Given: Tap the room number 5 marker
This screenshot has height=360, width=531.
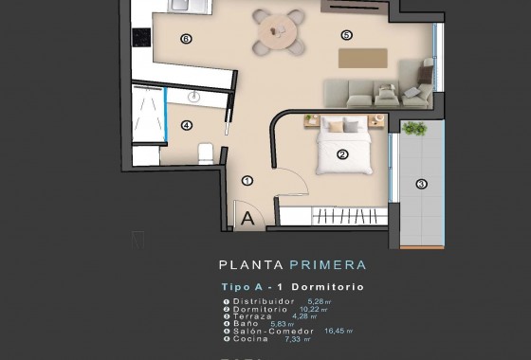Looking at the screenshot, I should click(x=346, y=35).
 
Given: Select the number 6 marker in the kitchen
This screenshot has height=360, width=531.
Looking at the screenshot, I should click(x=186, y=39).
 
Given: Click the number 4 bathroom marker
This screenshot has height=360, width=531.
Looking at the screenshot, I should click(x=186, y=124).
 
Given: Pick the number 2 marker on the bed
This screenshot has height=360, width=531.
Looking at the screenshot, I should click(x=341, y=154).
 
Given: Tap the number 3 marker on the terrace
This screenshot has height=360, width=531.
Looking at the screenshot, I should click(x=421, y=184).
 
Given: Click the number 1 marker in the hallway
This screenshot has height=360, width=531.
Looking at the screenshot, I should click(x=247, y=179).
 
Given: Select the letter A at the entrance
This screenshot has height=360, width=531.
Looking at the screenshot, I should click(x=247, y=219).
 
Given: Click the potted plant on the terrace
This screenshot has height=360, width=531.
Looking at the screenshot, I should click(x=414, y=128).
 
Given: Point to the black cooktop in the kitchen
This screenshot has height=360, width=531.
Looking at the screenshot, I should click(x=141, y=37).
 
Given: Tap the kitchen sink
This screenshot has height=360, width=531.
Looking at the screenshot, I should click(x=189, y=5).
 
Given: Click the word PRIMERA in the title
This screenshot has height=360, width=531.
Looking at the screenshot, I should click(x=327, y=265).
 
